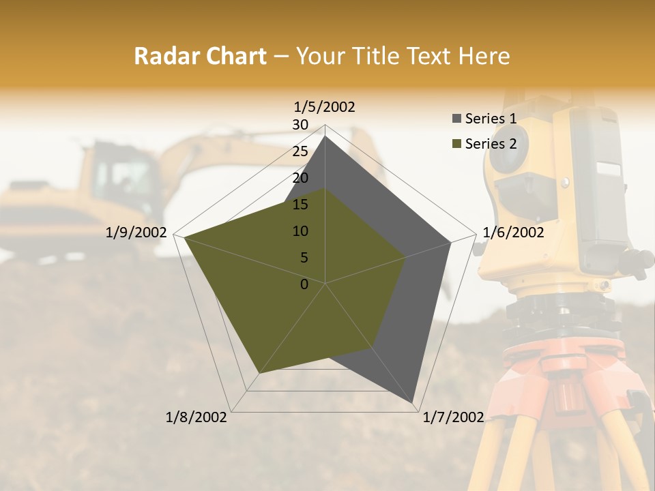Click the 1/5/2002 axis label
(x=325, y=106)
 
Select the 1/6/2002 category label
(x=513, y=233)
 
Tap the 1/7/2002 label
(x=453, y=417)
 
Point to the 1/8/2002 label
(x=196, y=417)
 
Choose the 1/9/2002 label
(x=136, y=233)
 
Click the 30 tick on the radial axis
(x=300, y=125)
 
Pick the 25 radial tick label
(x=300, y=151)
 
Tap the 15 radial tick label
(x=300, y=205)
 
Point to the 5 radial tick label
(x=304, y=258)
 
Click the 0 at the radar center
(x=304, y=284)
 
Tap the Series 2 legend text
(x=491, y=144)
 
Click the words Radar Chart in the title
(x=200, y=57)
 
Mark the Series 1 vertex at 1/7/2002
(x=413, y=402)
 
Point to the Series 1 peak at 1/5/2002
(x=325, y=136)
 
